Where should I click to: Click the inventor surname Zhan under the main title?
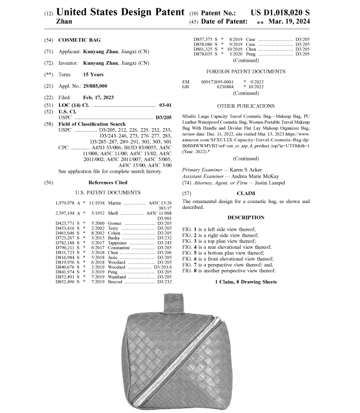(x=64, y=22)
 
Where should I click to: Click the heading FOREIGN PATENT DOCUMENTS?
(x=246, y=71)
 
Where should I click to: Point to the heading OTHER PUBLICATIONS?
(x=246, y=106)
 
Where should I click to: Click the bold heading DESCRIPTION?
(x=246, y=217)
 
